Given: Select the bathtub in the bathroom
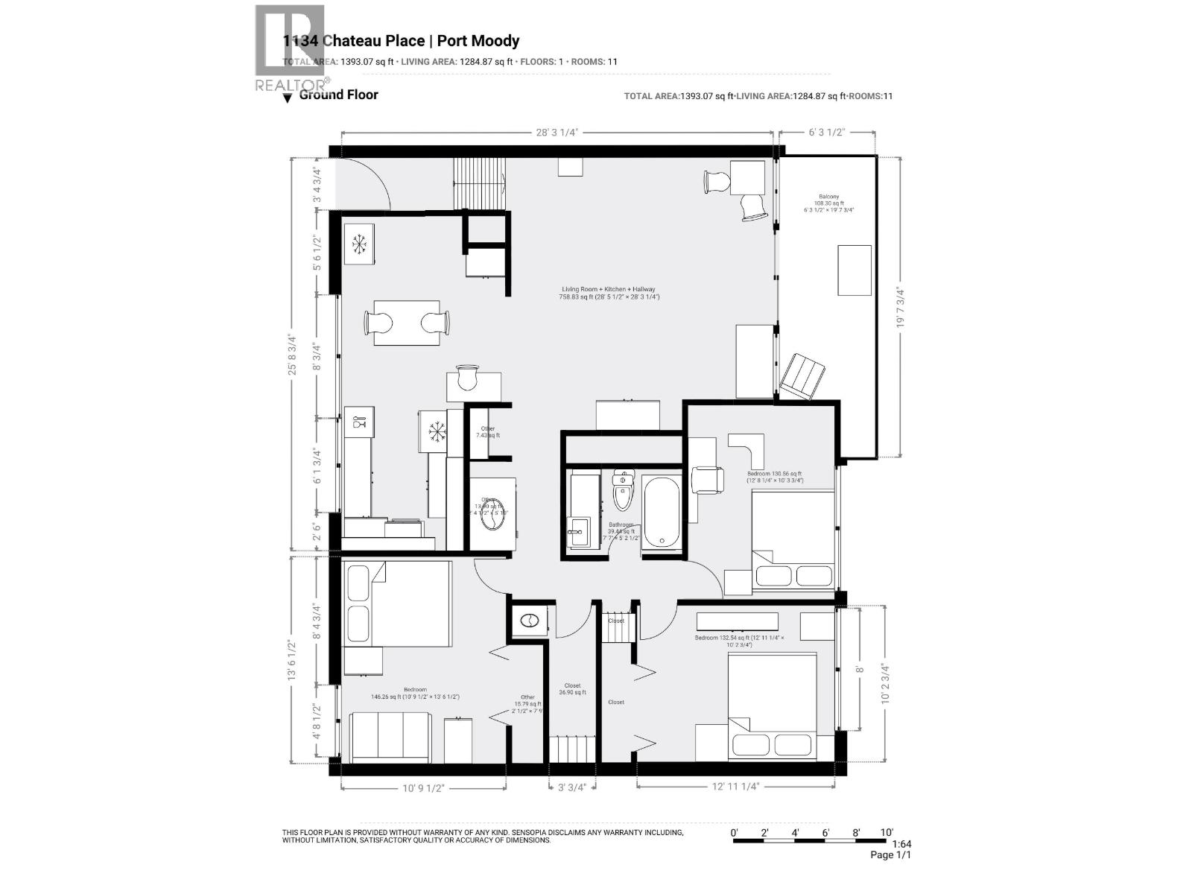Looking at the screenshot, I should (x=661, y=513).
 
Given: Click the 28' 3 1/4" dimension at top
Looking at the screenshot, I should (x=557, y=132).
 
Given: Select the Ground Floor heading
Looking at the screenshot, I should (x=338, y=95).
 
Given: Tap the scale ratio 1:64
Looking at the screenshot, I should (x=901, y=844).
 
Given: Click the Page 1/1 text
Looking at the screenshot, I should (x=890, y=855).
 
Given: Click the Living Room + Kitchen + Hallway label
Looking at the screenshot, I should (x=609, y=293).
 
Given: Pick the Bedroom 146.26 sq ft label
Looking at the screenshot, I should (x=415, y=693).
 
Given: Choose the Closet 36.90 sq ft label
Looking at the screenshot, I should (x=572, y=688).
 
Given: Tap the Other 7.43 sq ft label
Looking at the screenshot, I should (x=488, y=432).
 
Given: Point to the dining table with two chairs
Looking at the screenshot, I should (x=407, y=323).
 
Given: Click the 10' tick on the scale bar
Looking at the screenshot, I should (x=886, y=832).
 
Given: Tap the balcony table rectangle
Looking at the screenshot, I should (x=855, y=270).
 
